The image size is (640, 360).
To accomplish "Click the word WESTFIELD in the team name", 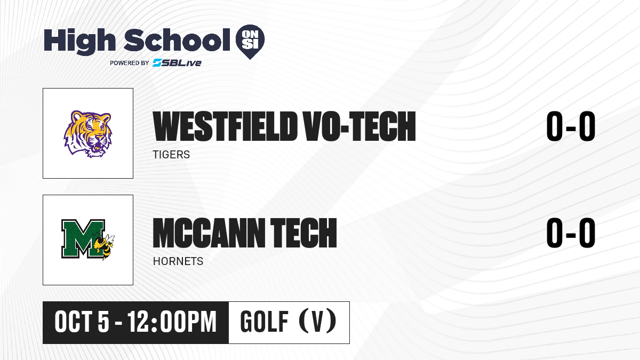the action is (225, 126).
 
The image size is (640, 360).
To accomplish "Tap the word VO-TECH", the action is (359, 126).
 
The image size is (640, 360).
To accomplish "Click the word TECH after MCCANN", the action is (303, 233).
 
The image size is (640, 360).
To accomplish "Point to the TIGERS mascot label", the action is (171, 155).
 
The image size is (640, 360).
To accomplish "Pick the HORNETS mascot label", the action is (178, 261).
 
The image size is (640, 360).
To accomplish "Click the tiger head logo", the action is (87, 134).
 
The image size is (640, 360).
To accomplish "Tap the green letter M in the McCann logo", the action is (83, 238).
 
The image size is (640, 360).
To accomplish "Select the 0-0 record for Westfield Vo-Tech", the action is (571, 126).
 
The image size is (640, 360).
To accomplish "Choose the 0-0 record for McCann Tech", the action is (571, 233).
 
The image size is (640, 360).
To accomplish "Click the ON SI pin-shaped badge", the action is (250, 42).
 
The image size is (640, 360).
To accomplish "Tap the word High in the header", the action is (79, 41).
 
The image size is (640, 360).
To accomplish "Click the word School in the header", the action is (177, 39).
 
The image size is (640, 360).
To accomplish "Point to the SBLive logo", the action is (177, 62).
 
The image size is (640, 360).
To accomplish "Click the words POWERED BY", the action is (130, 63).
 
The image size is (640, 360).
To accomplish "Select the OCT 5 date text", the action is (82, 322).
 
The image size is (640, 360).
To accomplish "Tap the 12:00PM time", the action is (172, 322).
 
